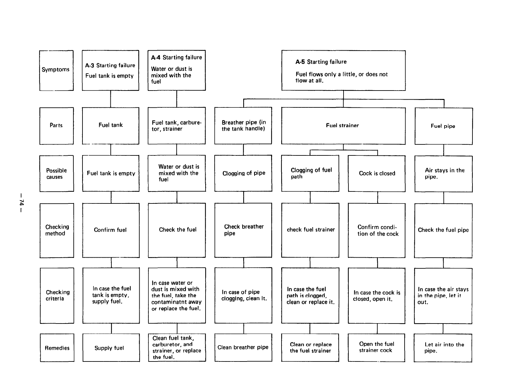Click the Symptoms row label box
tap(56, 70)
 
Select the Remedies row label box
tap(57, 348)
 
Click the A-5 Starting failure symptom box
tap(343, 70)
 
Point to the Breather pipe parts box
tap(243, 126)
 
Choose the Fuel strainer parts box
tap(343, 126)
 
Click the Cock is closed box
tap(377, 174)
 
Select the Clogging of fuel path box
tap(310, 174)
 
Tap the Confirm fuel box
tap(111, 230)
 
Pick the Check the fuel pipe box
tap(443, 230)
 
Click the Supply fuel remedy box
tap(111, 348)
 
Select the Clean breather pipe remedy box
tap(243, 348)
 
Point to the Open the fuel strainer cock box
tap(376, 348)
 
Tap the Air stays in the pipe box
tap(444, 174)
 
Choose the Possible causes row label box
tap(57, 174)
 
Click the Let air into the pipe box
tap(443, 348)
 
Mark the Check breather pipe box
tap(243, 230)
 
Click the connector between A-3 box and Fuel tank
tap(110, 99)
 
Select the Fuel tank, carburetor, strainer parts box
tap(177, 126)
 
